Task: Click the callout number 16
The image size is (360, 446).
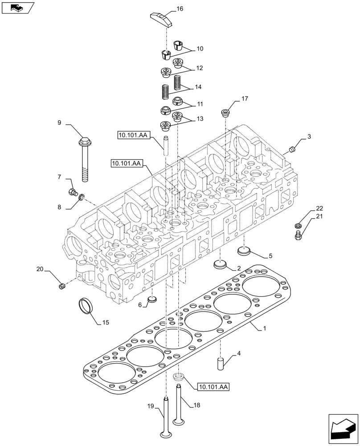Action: tap(179, 8)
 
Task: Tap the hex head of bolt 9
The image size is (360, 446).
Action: tap(84, 142)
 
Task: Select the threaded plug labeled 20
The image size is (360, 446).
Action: tap(62, 285)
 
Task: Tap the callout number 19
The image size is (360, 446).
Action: tap(151, 406)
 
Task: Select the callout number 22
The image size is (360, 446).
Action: tap(319, 208)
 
